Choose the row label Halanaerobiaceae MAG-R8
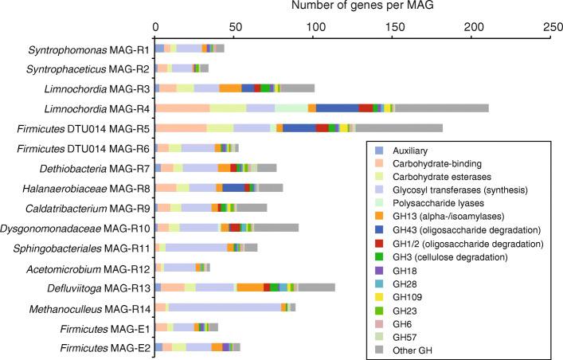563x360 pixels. coord(84,188)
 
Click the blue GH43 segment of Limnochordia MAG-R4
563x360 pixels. coord(337,108)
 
